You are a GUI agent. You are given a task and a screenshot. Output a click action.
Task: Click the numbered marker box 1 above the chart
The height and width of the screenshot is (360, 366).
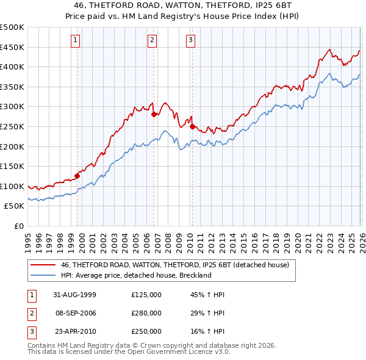(75, 40)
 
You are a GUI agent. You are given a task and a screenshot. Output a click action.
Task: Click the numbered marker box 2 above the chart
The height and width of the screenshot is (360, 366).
(152, 40)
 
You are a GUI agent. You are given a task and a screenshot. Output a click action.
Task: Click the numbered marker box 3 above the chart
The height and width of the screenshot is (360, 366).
(190, 40)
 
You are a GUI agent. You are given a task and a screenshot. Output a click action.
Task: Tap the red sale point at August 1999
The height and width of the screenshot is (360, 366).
(77, 176)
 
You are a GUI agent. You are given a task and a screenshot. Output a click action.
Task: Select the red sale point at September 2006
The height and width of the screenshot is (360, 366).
(154, 114)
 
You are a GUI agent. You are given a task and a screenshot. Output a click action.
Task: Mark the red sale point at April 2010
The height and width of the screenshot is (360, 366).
(192, 126)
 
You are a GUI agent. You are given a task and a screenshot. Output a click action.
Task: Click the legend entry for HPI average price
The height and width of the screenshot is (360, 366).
(135, 275)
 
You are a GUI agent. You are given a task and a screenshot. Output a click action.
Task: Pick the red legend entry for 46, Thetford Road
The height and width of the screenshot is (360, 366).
(178, 265)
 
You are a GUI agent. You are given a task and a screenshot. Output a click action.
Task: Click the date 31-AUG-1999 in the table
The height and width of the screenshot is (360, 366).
(74, 295)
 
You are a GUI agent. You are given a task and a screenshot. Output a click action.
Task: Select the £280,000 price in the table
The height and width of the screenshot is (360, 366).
(146, 313)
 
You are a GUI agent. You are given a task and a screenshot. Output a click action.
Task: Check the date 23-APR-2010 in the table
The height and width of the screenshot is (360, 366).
(74, 331)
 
